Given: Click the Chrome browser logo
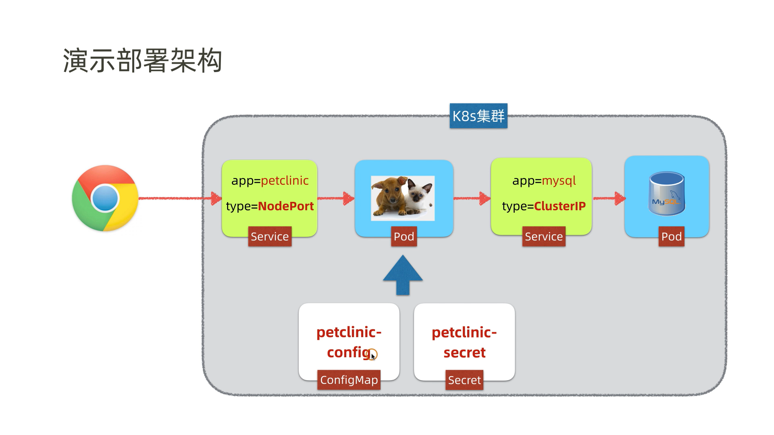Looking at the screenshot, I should [x=105, y=198].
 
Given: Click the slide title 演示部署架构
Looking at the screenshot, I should [x=143, y=61].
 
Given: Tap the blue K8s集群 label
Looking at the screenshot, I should [x=478, y=116].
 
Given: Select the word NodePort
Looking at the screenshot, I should [x=285, y=206].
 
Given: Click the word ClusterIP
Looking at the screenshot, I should [x=560, y=206].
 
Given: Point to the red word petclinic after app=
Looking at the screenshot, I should [x=285, y=180].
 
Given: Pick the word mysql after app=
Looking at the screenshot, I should [x=559, y=180].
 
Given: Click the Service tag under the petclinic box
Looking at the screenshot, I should [x=270, y=236].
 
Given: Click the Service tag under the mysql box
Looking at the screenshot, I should [x=543, y=236].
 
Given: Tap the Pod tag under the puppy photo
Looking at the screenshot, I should [x=404, y=236].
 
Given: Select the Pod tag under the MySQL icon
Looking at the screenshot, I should [x=671, y=236].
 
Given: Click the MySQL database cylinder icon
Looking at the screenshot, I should [x=666, y=193].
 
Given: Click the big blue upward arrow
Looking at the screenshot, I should [x=403, y=275].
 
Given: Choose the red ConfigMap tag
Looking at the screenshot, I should [x=349, y=380].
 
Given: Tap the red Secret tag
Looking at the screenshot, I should [x=464, y=380].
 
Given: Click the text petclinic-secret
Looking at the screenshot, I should [x=464, y=342].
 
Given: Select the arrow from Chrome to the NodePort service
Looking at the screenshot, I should [x=177, y=198].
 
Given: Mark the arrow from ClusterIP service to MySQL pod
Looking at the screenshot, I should [x=609, y=198].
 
